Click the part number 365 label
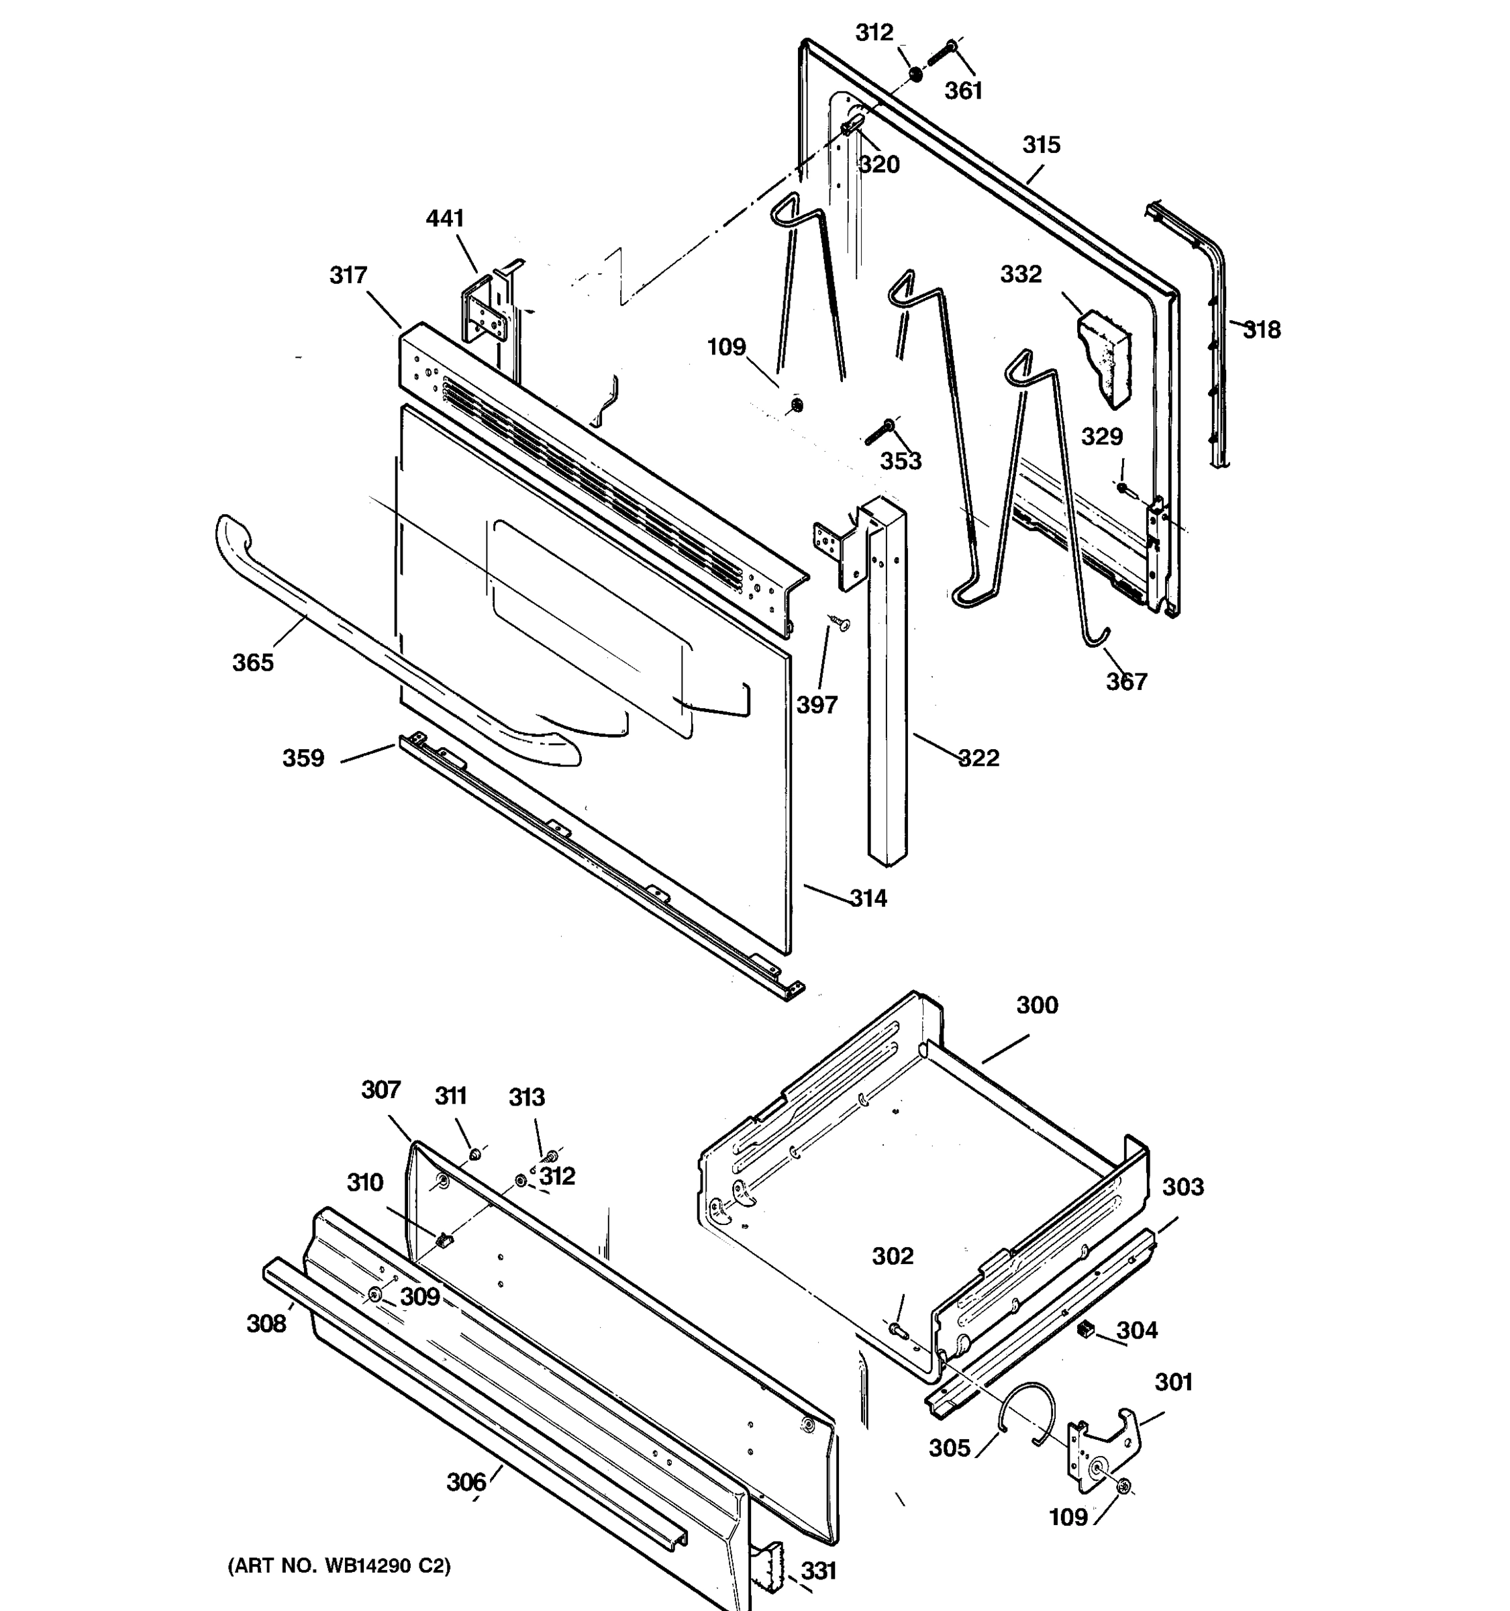pos(253,663)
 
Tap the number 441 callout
pos(445,219)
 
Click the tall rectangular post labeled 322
pos(887,689)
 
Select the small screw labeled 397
pos(841,622)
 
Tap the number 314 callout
pos(868,898)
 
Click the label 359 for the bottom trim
pos(303,759)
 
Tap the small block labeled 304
pos(1085,1330)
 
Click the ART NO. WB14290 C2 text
pos(339,1565)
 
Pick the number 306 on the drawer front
pos(466,1482)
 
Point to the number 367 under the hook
pos(1126,681)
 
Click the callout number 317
pos(348,275)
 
